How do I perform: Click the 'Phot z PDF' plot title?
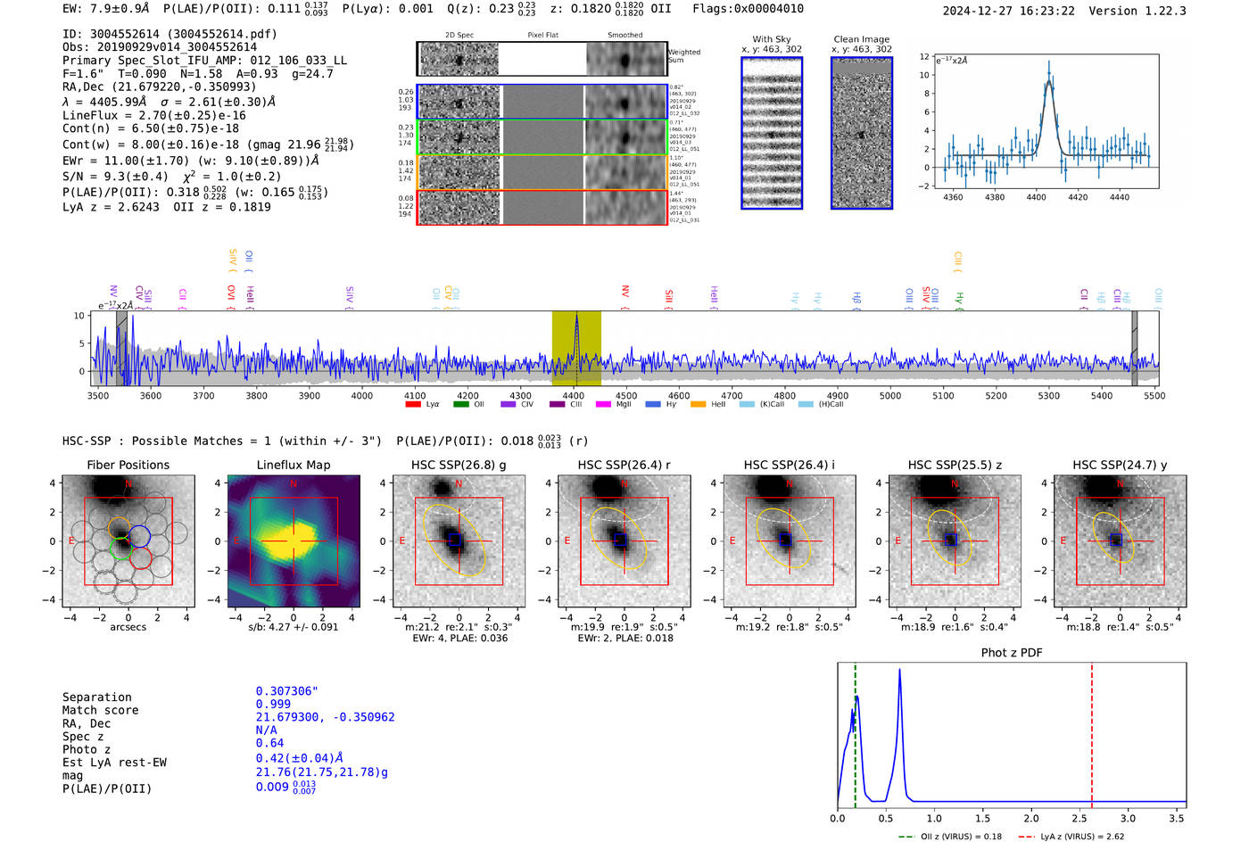tap(1011, 653)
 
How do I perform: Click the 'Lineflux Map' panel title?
tap(293, 465)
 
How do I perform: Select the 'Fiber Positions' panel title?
tap(128, 465)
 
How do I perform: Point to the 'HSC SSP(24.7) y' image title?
tap(1120, 465)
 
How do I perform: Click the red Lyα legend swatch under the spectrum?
tap(413, 405)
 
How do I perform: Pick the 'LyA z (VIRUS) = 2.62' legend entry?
tap(1081, 837)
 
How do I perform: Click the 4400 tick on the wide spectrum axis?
tap(574, 396)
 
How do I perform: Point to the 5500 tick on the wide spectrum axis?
tap(1154, 396)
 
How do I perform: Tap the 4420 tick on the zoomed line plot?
tap(1078, 197)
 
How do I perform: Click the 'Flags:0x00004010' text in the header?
tap(748, 9)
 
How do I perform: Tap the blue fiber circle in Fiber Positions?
tap(139, 536)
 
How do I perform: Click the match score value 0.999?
tap(273, 704)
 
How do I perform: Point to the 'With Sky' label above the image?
tap(771, 39)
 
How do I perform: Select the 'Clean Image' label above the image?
tap(861, 39)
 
